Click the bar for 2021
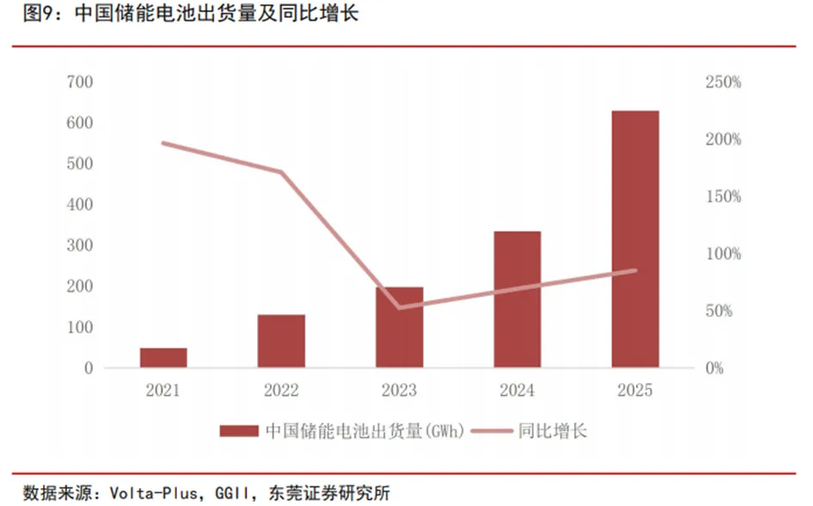pos(163,357)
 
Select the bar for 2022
pos(281,341)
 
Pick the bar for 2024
pos(517,299)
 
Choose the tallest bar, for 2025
pos(635,239)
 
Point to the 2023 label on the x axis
pos(400,391)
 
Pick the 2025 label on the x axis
pos(635,391)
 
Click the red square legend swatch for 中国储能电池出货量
pos(239,431)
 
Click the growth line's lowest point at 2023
pos(400,307)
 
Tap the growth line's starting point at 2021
pos(163,143)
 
